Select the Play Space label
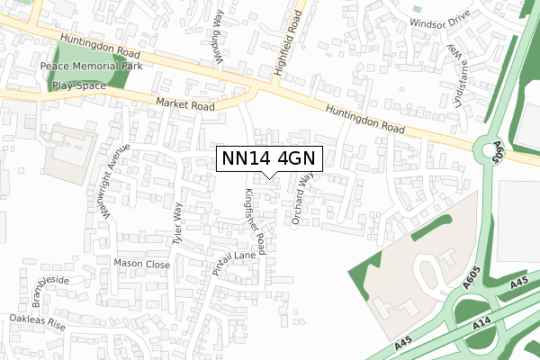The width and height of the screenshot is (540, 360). point(78,85)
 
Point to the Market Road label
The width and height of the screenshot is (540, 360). point(184,105)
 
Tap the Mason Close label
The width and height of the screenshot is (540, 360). point(141,264)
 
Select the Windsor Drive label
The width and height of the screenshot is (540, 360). point(439,20)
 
